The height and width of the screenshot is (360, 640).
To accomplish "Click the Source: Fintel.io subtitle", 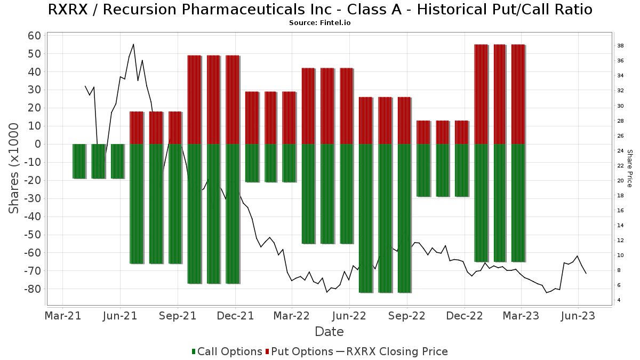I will point(320,23).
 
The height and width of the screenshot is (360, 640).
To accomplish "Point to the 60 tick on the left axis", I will point(34,36).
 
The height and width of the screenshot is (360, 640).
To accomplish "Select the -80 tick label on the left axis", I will point(31,289).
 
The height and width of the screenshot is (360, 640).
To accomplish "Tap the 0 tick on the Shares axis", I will point(38,144).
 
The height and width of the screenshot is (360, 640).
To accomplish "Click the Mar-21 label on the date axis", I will point(63,316).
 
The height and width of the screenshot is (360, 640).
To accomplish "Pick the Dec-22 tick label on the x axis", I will point(464,316).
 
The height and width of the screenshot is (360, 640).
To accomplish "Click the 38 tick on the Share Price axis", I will point(621,46).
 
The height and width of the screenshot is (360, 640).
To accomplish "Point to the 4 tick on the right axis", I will point(619,300).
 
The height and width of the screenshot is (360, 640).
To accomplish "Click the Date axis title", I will point(329,332).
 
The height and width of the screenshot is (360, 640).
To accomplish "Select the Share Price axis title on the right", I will point(629,168).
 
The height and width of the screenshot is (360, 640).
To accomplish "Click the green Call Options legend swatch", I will point(194,351).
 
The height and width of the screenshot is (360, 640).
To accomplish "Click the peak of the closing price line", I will point(133,44).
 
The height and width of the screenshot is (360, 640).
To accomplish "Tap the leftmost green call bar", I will point(79,161).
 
